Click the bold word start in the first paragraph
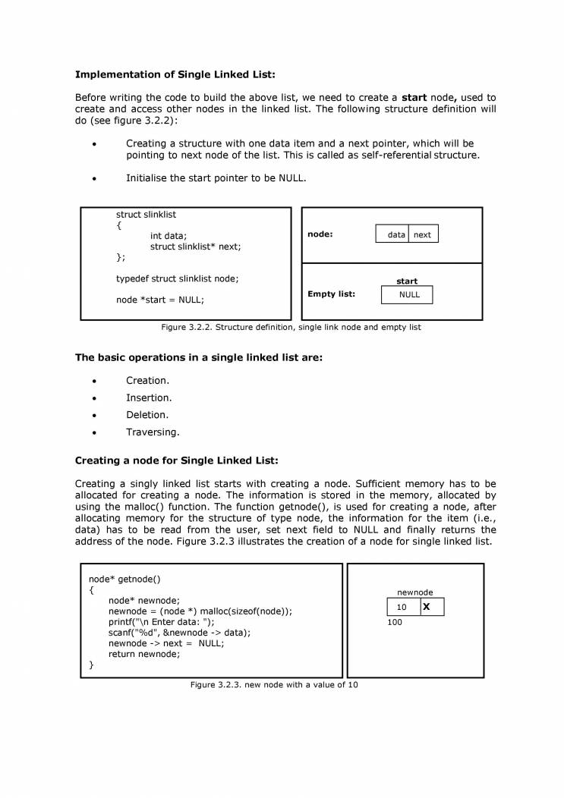tap(414, 98)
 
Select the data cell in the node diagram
tap(392, 234)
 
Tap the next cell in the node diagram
tap(423, 234)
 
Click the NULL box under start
tap(407, 294)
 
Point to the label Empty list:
tap(331, 294)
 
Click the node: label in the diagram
tap(320, 234)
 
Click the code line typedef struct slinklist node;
tap(177, 278)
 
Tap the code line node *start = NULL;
tap(160, 300)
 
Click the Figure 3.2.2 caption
tap(291, 328)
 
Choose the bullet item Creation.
tap(147, 381)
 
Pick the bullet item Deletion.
tap(147, 415)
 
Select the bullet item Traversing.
tap(153, 432)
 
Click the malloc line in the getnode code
tap(200, 611)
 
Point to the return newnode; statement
tap(144, 654)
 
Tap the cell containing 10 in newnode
tap(402, 608)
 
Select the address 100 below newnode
tap(395, 623)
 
